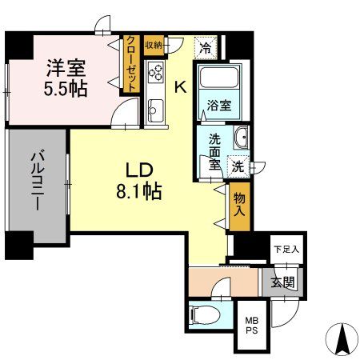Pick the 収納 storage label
tap(154, 43)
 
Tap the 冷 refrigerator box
tap(206, 47)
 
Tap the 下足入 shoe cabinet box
tap(285, 250)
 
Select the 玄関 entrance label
tap(281, 281)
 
